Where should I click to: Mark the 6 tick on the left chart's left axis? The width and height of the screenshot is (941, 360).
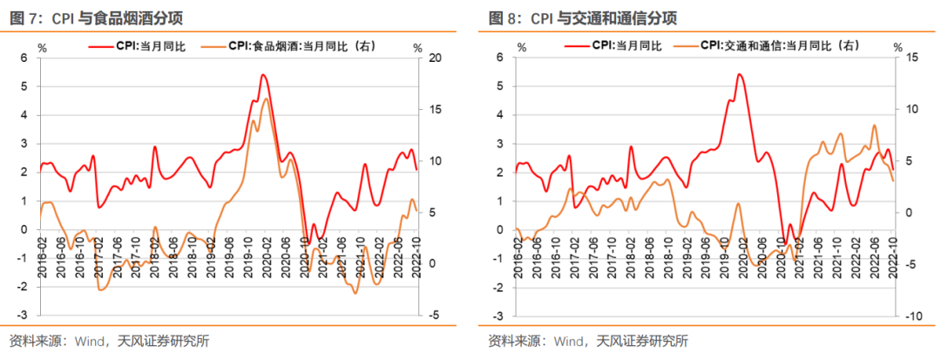(24, 58)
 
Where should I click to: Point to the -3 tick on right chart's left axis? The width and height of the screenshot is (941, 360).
(499, 316)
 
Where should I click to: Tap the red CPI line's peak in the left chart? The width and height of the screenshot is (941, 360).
(263, 75)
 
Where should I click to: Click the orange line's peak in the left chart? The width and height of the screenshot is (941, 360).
(266, 98)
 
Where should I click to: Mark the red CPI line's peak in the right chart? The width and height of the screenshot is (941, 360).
(739, 74)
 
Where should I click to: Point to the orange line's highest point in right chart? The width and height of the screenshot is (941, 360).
(874, 125)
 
